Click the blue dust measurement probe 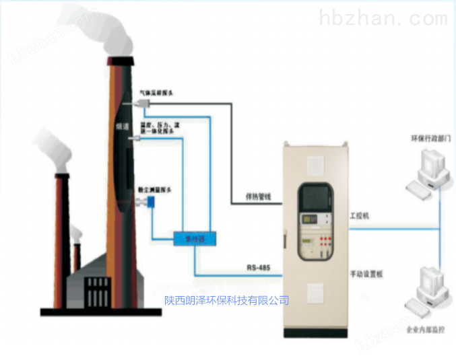pyautogui.click(x=153, y=201)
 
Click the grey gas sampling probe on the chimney pyautogui.click(x=142, y=103)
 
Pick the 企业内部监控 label pyautogui.click(x=426, y=330)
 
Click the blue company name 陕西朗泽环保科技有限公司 pyautogui.click(x=227, y=301)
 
